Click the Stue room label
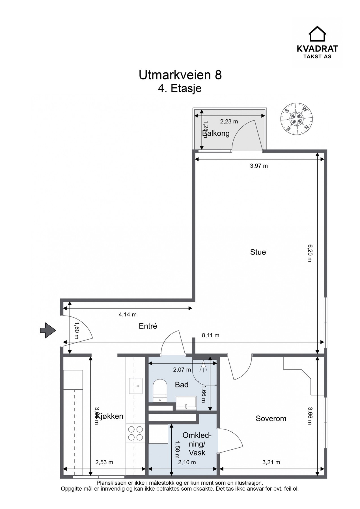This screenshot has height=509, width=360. tap(258, 252)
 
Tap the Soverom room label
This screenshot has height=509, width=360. tap(271, 418)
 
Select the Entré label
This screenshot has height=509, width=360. tap(148, 326)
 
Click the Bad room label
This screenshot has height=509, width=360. tap(182, 385)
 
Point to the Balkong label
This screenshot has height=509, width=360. tap(216, 133)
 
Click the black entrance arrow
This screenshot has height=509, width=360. tap(48, 330)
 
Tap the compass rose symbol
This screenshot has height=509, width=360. tap(297, 118)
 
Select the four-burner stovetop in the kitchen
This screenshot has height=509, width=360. tap(135, 433)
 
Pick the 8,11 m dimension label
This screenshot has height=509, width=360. tap(210, 335)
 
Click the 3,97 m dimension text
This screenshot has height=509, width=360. tap(258, 166)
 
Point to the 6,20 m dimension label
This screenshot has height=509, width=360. tap(310, 253)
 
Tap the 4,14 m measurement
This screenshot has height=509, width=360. tap(128, 314)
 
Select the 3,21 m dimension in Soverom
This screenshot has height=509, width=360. tap(271, 462)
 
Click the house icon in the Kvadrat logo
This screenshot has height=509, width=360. tap(317, 34)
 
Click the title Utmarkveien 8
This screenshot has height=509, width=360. tap(180, 75)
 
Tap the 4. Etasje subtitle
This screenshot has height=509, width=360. tap(180, 88)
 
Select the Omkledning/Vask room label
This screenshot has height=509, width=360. tap(197, 444)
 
